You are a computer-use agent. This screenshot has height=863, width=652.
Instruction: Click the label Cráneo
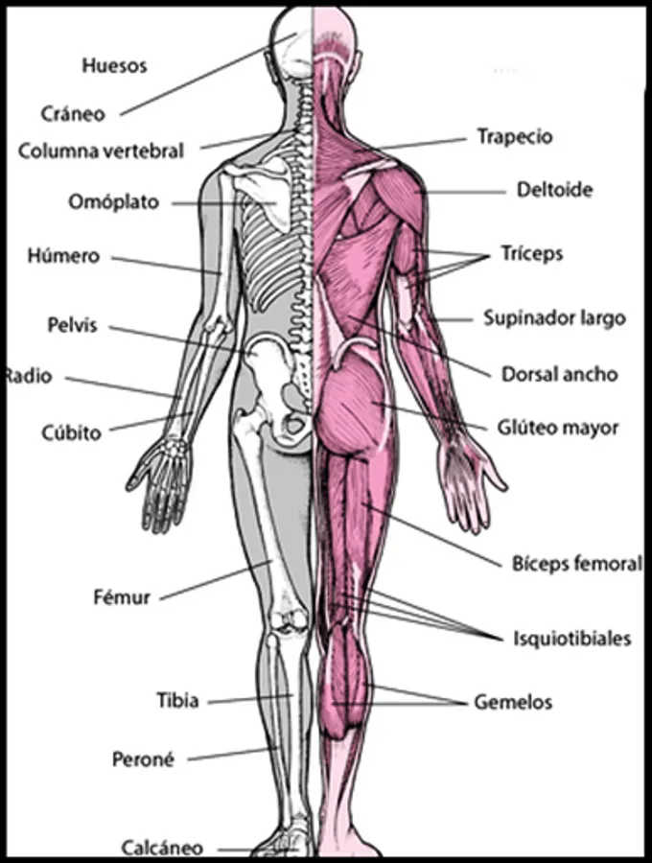[73, 113]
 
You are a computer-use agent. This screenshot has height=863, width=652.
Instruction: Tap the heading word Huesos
[114, 66]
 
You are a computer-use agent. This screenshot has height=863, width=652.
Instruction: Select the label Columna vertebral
[101, 151]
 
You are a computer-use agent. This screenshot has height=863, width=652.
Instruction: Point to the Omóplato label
[113, 202]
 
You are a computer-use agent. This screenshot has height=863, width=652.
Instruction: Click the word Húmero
[63, 256]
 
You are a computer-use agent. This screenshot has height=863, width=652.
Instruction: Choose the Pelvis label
[72, 325]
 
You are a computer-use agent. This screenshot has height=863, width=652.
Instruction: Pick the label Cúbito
[70, 432]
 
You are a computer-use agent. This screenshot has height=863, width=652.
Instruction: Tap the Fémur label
[121, 597]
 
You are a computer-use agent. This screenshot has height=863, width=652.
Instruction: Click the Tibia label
[177, 701]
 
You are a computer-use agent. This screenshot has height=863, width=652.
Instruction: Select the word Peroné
[143, 759]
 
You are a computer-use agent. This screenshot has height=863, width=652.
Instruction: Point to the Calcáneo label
[162, 848]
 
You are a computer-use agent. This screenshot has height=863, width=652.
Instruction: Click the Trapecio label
[515, 137]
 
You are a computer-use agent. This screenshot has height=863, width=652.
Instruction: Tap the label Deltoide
[554, 190]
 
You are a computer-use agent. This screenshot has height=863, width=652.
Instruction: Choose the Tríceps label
[531, 254]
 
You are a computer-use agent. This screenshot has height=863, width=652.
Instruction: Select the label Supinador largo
[554, 317]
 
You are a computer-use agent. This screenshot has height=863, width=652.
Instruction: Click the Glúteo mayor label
[557, 428]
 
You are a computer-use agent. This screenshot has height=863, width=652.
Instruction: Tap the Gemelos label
[513, 703]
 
